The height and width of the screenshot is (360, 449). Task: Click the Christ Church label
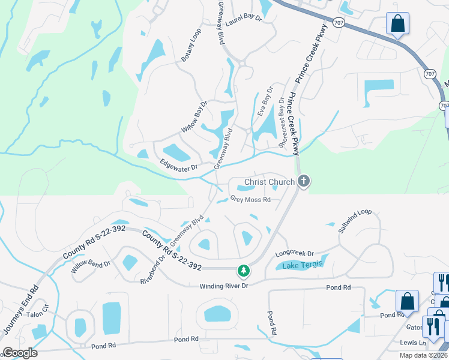(269, 182)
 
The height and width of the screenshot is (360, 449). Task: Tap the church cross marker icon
(304, 181)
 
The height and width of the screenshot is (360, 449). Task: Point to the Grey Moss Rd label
(251, 199)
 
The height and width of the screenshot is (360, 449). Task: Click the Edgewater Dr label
(178, 165)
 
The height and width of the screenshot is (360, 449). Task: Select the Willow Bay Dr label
(194, 117)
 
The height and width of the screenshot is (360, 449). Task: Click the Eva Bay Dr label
(265, 101)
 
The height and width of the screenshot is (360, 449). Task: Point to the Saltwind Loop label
(355, 221)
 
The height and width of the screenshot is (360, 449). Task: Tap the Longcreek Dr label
(295, 254)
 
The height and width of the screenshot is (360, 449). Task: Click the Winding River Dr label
(224, 286)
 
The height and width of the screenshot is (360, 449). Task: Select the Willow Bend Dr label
(91, 267)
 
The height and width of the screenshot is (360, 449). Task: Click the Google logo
(20, 353)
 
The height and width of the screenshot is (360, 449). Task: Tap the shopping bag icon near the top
(397, 24)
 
